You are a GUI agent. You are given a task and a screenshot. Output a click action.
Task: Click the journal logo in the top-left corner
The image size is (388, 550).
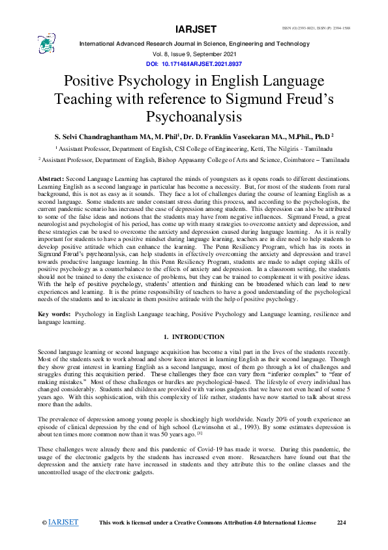tap(46, 44)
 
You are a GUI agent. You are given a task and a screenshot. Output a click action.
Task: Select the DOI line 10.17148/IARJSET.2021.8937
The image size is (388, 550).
tap(196, 65)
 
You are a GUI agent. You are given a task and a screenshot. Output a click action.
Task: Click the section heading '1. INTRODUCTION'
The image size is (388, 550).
tap(194, 337)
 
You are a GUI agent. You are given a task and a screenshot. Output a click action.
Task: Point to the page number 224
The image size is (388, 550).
tap(341, 523)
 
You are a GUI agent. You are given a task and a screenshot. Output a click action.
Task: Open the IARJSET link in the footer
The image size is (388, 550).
tap(63, 523)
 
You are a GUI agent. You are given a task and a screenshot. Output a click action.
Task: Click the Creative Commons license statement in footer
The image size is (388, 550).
tap(207, 523)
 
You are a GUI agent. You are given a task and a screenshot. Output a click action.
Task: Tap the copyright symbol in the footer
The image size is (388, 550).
tap(44, 523)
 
